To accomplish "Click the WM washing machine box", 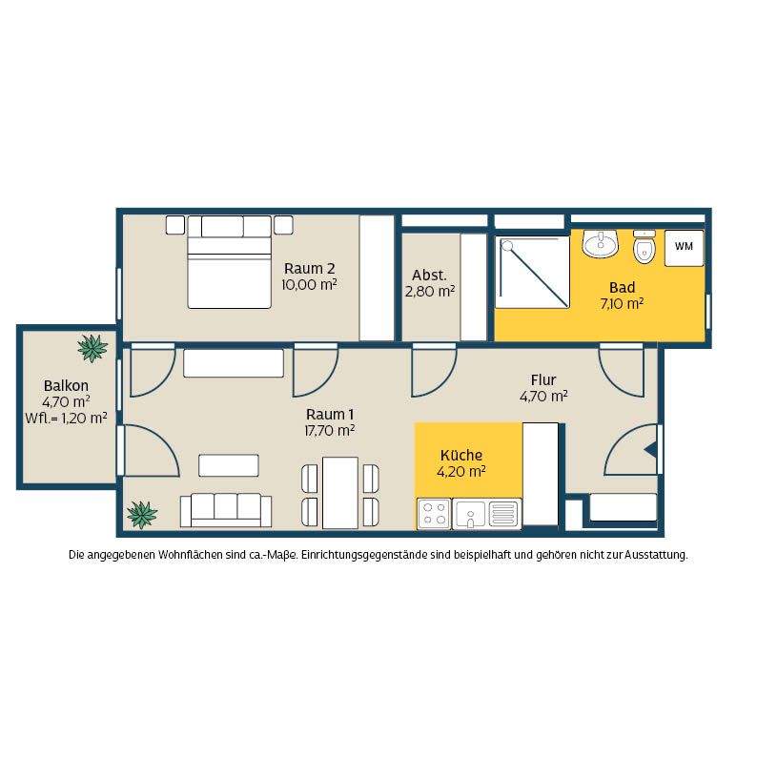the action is tap(684, 248).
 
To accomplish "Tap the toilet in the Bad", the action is tap(644, 247).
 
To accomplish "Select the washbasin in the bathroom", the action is tap(601, 243).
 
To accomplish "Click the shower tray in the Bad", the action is tap(533, 272).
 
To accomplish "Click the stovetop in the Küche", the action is tap(434, 514).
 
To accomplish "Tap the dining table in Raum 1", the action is tap(339, 493).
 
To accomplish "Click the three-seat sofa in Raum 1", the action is tap(226, 510).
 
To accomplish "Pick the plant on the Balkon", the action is tap(92, 348).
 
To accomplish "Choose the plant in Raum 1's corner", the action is tap(142, 515).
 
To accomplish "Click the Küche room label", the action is tap(461, 456).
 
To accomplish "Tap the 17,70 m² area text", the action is tap(330, 430).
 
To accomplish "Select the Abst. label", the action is tap(429, 276).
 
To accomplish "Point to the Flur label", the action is tap(543, 379).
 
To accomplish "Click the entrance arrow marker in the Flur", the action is tap(650, 449).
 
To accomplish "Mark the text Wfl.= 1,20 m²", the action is tap(66, 419).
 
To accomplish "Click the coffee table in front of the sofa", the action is tap(229, 465).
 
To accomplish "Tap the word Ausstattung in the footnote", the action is tap(656, 555).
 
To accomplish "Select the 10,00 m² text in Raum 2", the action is tap(309, 285).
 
